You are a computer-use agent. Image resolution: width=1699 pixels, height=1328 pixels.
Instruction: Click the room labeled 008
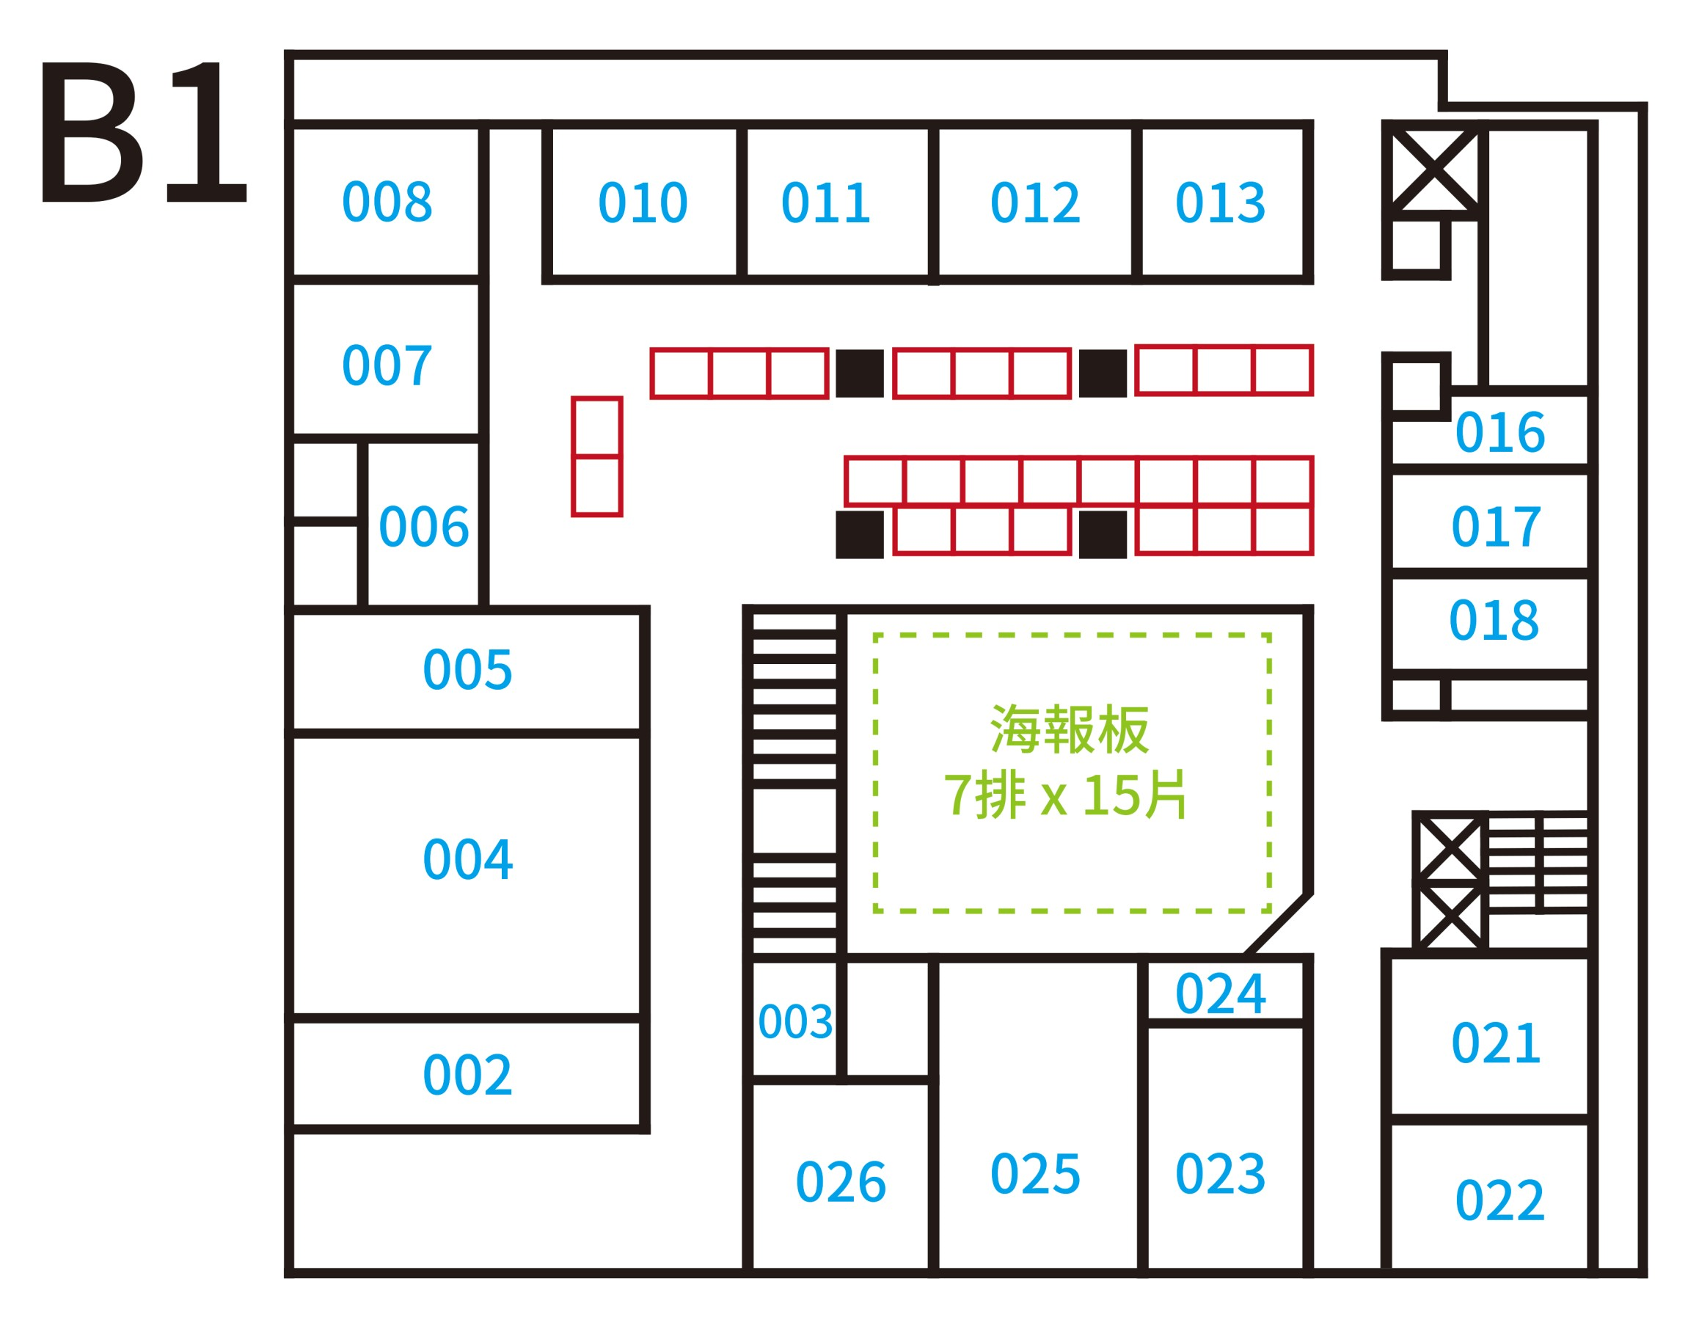click(387, 202)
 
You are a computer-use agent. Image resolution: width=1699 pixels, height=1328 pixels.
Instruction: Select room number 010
click(643, 203)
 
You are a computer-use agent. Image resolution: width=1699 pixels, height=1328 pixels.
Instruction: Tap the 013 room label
click(1221, 203)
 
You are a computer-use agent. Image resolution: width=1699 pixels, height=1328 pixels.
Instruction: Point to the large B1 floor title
click(144, 131)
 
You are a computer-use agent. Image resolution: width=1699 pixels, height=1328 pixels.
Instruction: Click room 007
click(387, 365)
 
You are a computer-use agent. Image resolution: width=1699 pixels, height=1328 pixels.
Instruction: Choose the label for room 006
click(423, 527)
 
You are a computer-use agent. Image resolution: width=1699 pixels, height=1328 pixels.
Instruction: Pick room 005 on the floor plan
click(467, 670)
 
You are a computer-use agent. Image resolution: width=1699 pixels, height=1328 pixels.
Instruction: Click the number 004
click(467, 861)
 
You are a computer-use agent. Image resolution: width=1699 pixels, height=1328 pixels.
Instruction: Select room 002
click(467, 1076)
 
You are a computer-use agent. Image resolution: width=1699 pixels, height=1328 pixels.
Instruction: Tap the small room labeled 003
click(795, 1021)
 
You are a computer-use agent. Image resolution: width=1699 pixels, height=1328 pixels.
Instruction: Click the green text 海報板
click(1069, 730)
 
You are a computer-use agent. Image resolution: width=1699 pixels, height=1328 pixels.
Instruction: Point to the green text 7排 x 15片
click(1065, 795)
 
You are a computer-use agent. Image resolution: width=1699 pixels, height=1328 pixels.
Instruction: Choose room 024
click(1221, 994)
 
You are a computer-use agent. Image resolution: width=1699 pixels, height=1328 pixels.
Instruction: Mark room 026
click(841, 1183)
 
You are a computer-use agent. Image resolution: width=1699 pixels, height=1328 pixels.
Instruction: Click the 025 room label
click(1035, 1174)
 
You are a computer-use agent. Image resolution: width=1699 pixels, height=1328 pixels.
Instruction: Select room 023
click(1221, 1174)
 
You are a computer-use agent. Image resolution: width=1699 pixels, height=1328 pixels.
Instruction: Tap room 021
click(1496, 1043)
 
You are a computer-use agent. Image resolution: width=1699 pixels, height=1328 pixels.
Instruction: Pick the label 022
click(1500, 1200)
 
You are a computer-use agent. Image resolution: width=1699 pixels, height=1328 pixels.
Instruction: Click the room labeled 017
click(1496, 527)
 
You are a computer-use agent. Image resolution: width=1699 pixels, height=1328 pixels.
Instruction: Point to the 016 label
click(1500, 433)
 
